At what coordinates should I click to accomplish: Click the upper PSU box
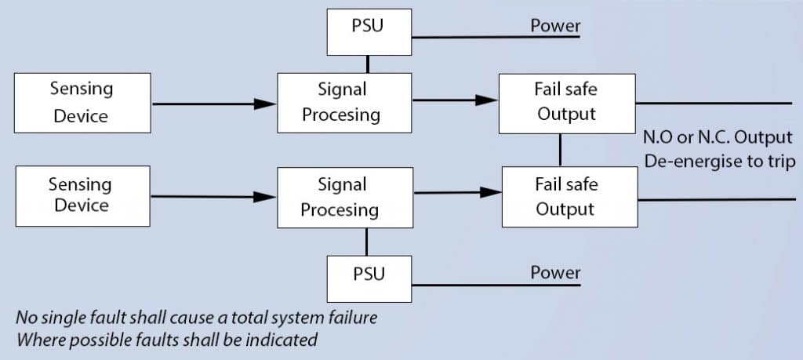click(x=369, y=31)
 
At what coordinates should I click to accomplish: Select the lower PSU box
click(x=369, y=278)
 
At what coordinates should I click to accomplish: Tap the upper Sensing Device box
click(x=82, y=103)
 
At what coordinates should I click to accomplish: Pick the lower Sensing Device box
click(x=83, y=196)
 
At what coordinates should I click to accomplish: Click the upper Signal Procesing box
click(x=344, y=103)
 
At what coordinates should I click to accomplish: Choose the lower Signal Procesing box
click(x=345, y=198)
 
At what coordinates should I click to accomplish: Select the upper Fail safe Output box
click(x=567, y=104)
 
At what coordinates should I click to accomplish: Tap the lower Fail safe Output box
click(x=569, y=197)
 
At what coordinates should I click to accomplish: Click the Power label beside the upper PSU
click(x=556, y=26)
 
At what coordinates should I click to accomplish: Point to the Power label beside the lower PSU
click(x=556, y=272)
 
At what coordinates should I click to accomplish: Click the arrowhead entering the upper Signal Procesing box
click(x=265, y=104)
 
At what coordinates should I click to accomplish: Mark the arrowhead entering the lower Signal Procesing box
click(x=265, y=197)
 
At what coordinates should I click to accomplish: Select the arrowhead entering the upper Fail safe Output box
click(x=487, y=100)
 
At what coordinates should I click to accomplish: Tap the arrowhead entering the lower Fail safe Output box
click(x=490, y=192)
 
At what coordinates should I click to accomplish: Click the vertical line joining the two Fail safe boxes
click(x=560, y=150)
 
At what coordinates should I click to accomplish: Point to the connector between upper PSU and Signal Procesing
click(x=367, y=64)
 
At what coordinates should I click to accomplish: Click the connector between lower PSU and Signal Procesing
click(x=366, y=242)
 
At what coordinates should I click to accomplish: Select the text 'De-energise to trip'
click(x=720, y=162)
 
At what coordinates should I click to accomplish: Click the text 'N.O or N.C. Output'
click(x=718, y=137)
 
